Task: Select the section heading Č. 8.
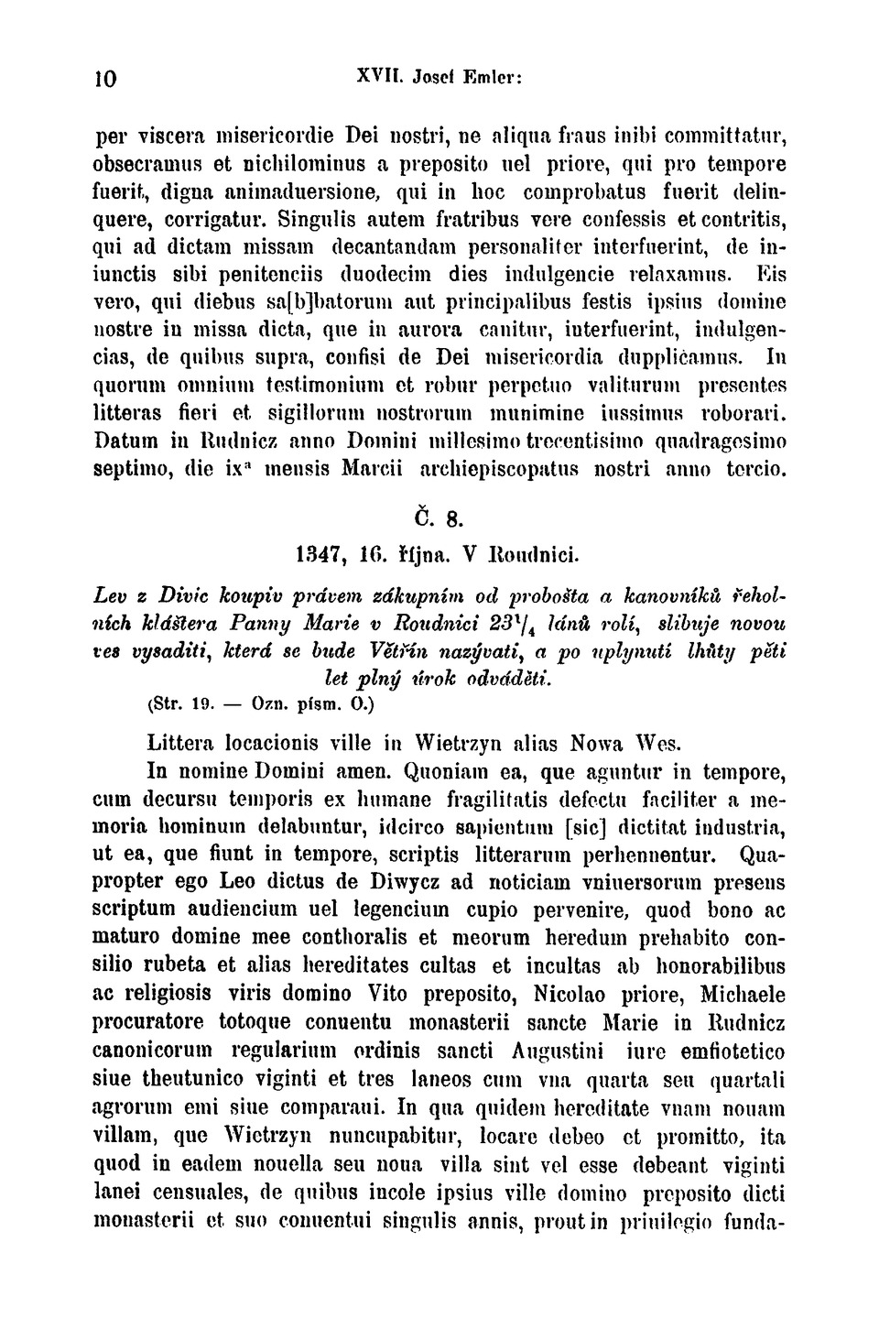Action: pos(439,517)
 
